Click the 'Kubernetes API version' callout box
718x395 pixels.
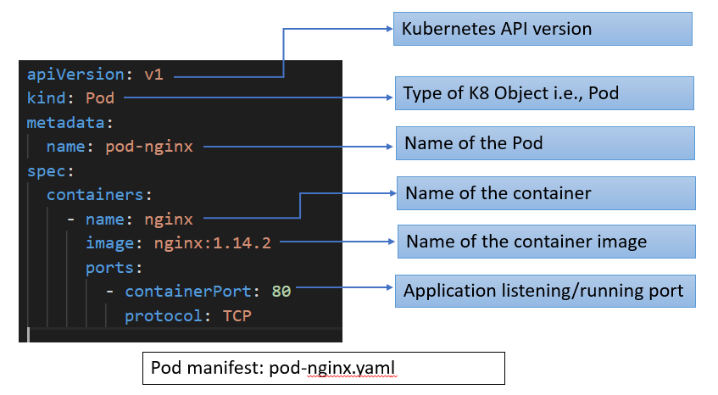click(542, 29)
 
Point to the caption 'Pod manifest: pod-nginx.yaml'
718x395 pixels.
click(323, 369)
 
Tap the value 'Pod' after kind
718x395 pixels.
click(99, 98)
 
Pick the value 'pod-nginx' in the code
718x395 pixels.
click(149, 147)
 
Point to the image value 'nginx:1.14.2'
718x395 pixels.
click(213, 243)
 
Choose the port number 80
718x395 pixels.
click(281, 292)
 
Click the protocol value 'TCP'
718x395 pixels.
click(237, 316)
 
